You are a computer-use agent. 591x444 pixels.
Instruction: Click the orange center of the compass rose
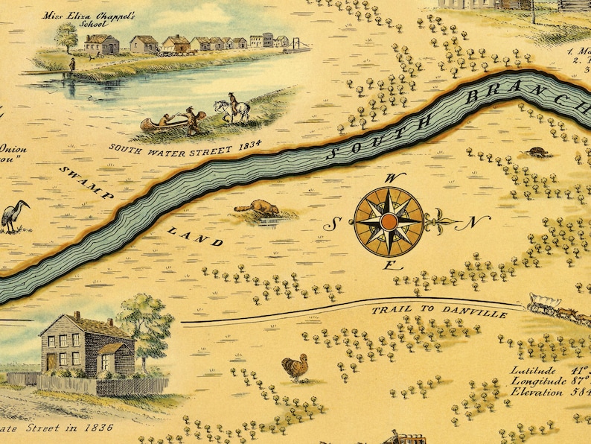point(388,221)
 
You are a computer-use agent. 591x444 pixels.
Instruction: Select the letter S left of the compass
point(336,222)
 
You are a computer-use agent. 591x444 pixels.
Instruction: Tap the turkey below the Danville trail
point(295,367)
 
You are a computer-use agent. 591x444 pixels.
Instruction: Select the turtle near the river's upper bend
point(537,153)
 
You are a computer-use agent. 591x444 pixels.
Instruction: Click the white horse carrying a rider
point(231,110)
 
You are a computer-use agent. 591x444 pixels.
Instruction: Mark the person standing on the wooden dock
point(72,67)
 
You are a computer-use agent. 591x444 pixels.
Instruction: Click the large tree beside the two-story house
point(146,321)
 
